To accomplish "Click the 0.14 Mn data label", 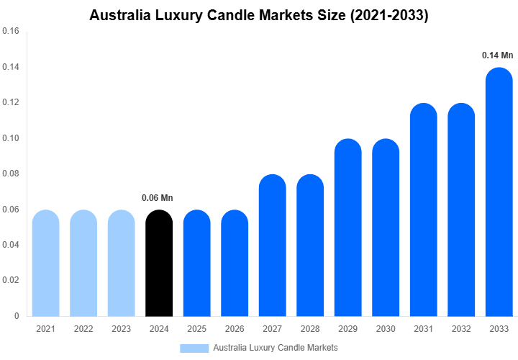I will pos(498,55).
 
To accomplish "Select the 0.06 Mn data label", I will pos(158,197).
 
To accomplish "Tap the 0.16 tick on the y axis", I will pos(11,32).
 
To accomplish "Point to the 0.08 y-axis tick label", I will pos(11,174).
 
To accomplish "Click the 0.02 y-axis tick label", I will pos(11,280).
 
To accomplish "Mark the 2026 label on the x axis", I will pos(235,329).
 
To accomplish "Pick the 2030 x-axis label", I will pos(386,329).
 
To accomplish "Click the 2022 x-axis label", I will pos(83,329).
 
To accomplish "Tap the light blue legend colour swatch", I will pos(194,348).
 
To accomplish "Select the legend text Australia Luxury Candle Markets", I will pos(276,348).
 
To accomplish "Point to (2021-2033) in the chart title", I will pos(389,15).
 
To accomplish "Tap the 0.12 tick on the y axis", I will pos(11,102).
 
